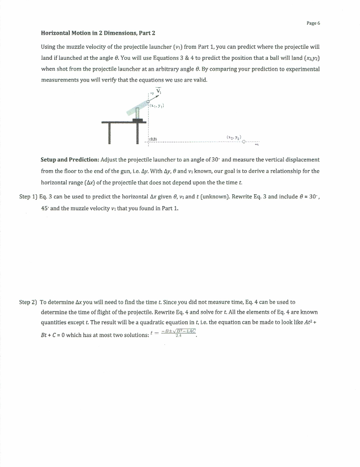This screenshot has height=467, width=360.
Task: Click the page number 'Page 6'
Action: click(314, 23)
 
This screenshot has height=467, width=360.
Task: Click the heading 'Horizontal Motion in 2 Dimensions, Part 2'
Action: click(98, 33)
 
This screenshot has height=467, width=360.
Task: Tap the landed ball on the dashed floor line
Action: click(244, 141)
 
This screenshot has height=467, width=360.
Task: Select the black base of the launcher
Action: click(136, 119)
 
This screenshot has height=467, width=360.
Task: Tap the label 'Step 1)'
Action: click(28, 197)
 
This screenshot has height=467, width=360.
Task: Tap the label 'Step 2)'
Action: click(28, 302)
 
